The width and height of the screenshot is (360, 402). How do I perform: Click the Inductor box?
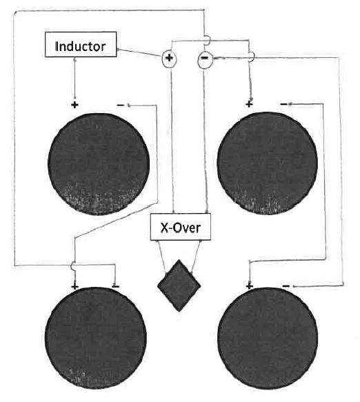pos(81,44)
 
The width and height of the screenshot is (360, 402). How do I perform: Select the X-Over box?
pos(181,227)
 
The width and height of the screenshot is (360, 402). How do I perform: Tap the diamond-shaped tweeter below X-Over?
pos(179,285)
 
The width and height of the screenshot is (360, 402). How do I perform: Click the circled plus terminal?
pos(169,58)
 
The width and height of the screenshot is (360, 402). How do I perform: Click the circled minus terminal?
pos(204,59)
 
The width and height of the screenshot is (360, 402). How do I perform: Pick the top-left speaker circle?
pos(99,164)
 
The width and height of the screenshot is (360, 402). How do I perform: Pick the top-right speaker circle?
pos(268,163)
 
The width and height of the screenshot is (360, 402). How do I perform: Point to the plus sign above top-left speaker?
pos(74,105)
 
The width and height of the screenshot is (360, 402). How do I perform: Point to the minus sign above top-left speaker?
pos(121,105)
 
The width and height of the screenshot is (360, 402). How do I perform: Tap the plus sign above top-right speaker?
pos(249,104)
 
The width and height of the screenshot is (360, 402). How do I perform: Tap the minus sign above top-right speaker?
pos(284,104)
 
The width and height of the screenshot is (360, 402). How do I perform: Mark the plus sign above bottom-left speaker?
pos(74,286)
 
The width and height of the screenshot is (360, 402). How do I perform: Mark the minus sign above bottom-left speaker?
pos(116,286)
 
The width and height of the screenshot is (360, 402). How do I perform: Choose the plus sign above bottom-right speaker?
pos(249,286)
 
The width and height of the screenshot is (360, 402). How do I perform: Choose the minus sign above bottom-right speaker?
pos(286,286)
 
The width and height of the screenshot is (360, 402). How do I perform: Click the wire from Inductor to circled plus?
pos(139,52)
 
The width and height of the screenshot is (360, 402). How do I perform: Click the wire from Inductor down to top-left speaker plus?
pos(75,78)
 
